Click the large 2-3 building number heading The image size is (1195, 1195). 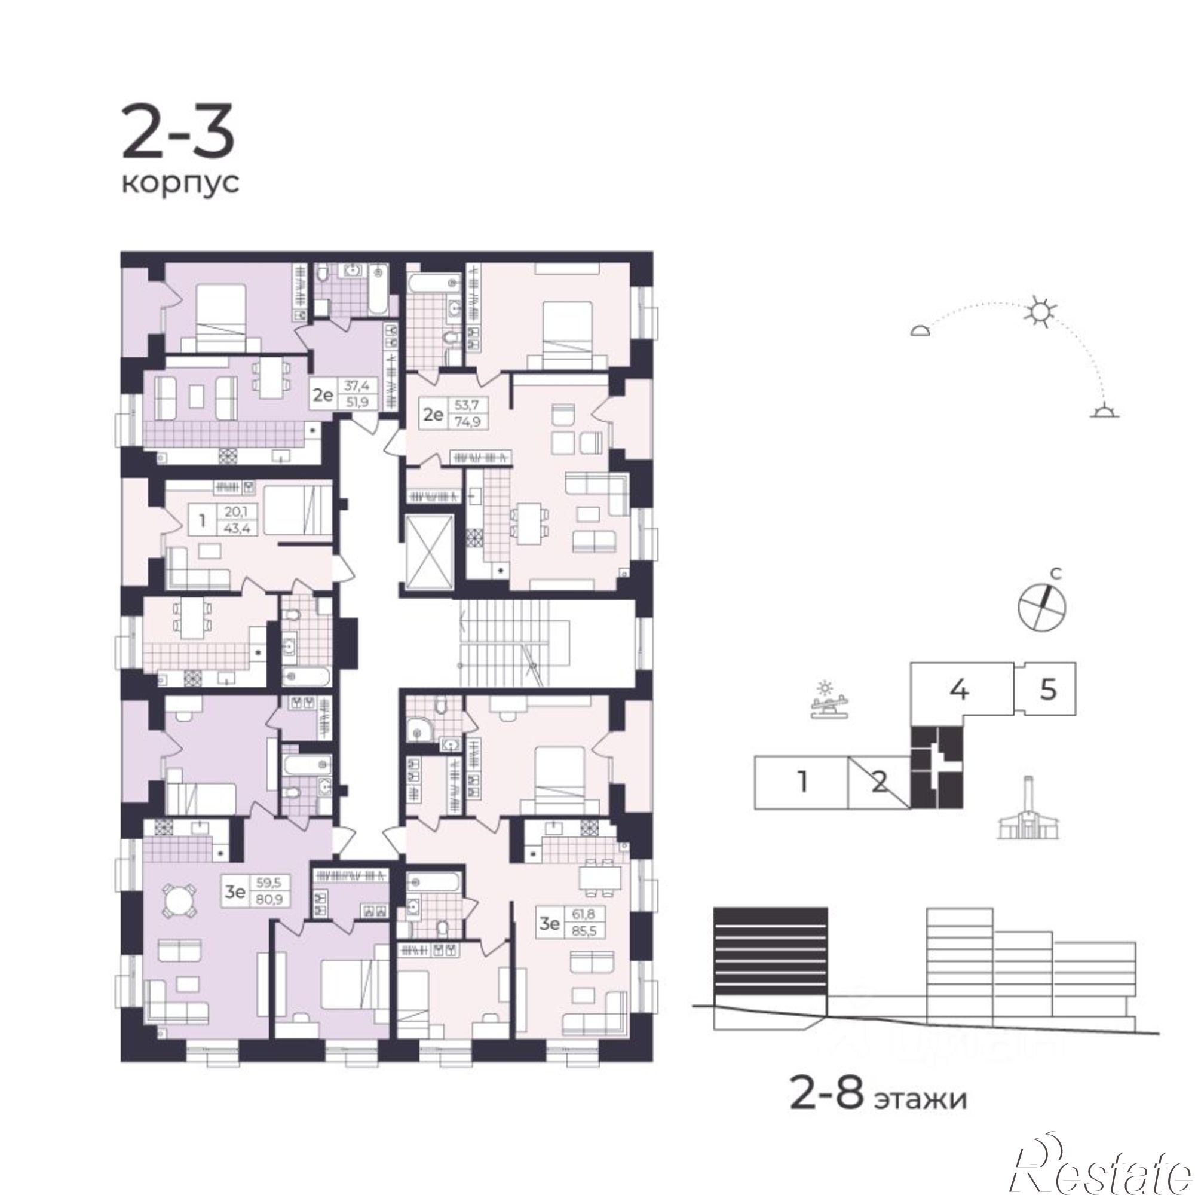[178, 133]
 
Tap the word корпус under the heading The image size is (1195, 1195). [180, 184]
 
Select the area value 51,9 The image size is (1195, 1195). [357, 402]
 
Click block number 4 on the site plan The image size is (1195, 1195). [960, 689]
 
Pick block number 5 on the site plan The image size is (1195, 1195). [1049, 689]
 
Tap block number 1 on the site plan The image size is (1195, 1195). [802, 783]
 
